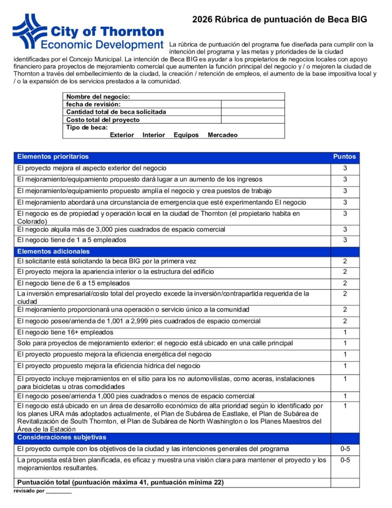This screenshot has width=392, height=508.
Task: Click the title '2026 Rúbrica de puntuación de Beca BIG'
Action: tap(280, 19)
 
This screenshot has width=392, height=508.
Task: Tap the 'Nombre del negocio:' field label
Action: tap(98, 97)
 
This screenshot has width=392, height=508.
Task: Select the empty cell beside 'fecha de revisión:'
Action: tap(253, 104)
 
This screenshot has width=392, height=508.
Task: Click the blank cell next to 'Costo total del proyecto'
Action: tap(253, 120)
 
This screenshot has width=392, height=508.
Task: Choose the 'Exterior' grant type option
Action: tap(122, 135)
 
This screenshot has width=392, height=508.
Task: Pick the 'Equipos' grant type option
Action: tap(186, 135)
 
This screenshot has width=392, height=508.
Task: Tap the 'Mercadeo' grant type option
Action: tap(223, 135)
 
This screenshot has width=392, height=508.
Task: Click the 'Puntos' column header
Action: tap(344, 157)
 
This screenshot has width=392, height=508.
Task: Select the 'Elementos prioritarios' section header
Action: tap(53, 157)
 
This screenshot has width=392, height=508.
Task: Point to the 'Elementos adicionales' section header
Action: tap(54, 252)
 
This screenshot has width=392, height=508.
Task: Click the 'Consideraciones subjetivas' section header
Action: tap(61, 438)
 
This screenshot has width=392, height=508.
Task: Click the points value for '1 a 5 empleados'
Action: tap(345, 240)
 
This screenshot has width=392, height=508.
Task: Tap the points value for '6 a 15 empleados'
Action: tap(345, 283)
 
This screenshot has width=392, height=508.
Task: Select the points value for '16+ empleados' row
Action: tap(345, 332)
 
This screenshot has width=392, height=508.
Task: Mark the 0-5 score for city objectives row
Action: tap(345, 449)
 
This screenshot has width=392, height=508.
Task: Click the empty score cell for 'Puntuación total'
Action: tap(345, 482)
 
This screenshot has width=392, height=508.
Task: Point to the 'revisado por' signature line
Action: tap(59, 492)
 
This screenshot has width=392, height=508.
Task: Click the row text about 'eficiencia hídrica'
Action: tap(109, 366)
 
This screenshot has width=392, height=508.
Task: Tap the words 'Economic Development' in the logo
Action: tap(102, 45)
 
